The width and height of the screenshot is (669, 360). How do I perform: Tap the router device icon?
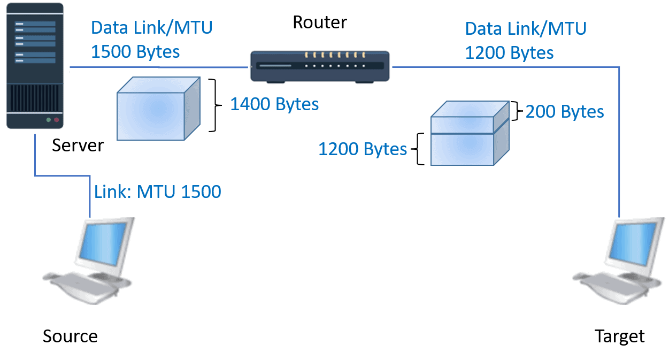(320, 66)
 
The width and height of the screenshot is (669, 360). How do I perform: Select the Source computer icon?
(89, 261)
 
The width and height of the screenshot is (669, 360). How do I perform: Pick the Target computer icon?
(619, 261)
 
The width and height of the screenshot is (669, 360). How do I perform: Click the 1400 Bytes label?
(274, 104)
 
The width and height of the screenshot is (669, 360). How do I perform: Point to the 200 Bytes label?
(565, 112)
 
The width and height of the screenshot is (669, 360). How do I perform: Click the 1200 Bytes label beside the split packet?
(363, 149)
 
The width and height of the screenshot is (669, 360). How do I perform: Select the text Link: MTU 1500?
(158, 192)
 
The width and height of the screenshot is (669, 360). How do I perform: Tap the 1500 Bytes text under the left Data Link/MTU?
(135, 52)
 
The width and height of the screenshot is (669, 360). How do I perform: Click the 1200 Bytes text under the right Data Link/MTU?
(509, 53)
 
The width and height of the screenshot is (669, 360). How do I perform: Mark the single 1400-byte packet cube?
(158, 109)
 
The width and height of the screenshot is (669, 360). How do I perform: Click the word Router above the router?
(320, 22)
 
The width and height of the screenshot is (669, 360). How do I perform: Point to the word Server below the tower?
(78, 145)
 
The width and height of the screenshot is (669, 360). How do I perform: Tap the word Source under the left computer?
(70, 336)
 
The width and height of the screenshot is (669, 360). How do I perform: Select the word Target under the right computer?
(620, 336)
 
